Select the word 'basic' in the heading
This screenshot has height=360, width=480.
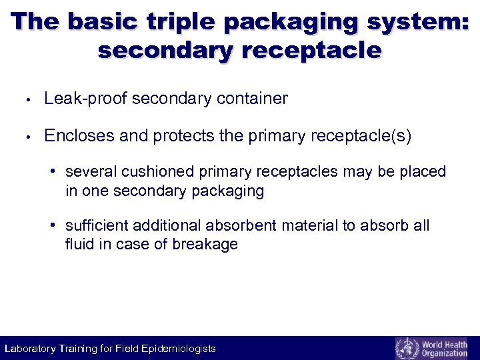coord(107,22)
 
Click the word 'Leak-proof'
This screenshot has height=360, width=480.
coord(85,99)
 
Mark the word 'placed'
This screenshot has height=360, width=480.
coord(424,172)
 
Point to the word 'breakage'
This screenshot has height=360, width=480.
coord(205,245)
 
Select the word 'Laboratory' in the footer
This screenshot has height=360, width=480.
coord(31,349)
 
